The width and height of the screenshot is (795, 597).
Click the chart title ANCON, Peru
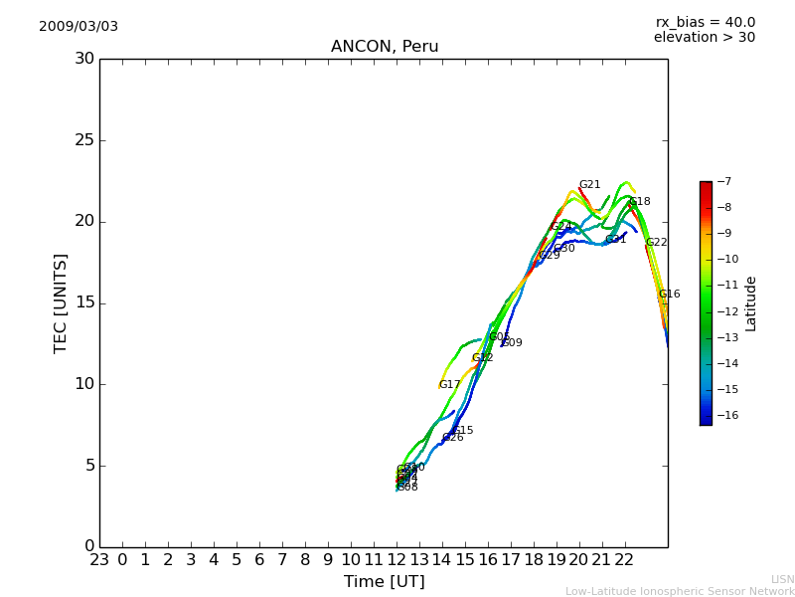(x=385, y=47)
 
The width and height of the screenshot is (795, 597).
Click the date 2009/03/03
(x=79, y=27)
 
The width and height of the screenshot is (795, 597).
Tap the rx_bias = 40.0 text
(x=705, y=23)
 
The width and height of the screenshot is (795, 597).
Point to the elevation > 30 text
(x=704, y=38)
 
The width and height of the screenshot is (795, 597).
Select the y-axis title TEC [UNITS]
(x=61, y=302)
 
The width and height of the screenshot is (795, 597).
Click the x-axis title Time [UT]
(x=384, y=582)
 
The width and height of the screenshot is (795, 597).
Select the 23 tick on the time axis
(x=99, y=559)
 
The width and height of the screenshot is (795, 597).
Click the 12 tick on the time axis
(x=397, y=559)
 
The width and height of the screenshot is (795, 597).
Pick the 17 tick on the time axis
(x=511, y=559)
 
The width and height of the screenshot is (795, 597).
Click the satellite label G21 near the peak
(x=589, y=185)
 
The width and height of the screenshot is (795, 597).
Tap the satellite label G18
(x=640, y=202)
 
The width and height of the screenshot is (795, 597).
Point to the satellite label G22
(x=657, y=243)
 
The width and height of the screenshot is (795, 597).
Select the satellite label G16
(x=670, y=295)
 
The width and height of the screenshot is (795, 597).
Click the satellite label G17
(x=450, y=385)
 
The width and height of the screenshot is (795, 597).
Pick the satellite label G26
(x=453, y=438)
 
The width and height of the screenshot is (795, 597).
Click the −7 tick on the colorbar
(x=723, y=182)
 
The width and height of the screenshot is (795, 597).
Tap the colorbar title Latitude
(x=751, y=303)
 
